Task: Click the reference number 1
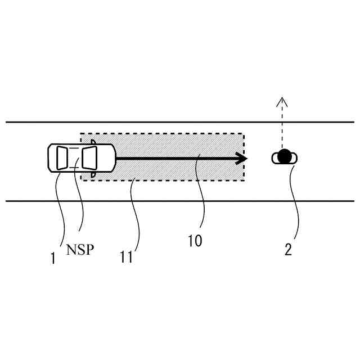53,258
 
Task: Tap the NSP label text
79,249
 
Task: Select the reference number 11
126,257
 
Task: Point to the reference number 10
195,241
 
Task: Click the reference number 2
288,250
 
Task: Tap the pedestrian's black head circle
285,156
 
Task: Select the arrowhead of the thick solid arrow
242,159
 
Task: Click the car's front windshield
90,157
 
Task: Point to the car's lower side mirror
93,175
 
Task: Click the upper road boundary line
180,122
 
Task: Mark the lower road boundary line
180,201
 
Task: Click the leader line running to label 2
294,202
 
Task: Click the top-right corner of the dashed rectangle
244,134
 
